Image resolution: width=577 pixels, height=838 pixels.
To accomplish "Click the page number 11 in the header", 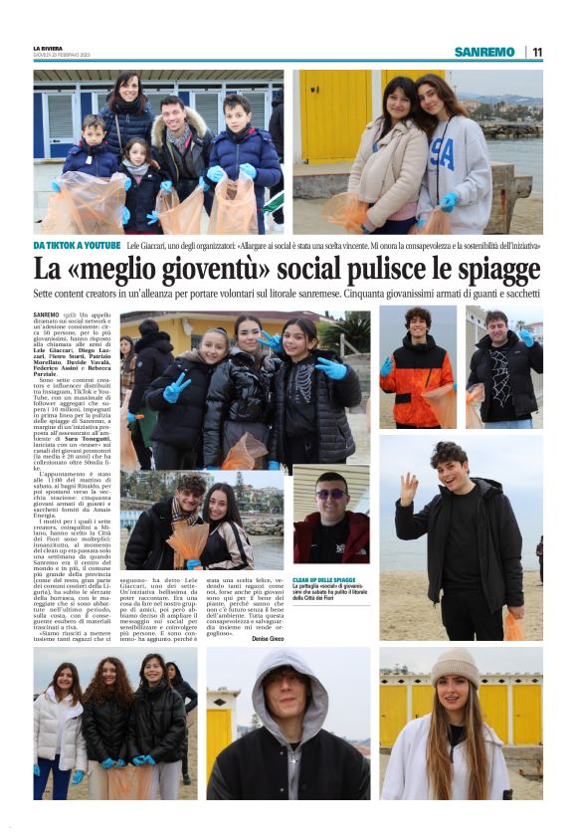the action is tap(537, 52).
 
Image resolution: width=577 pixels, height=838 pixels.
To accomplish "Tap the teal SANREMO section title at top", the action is tap(484, 52).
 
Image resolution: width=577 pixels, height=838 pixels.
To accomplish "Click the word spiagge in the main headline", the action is tap(487, 270).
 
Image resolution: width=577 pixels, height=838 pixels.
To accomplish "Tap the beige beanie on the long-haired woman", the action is tap(455, 666).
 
